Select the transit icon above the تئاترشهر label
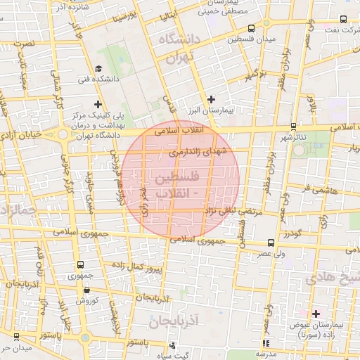[292, 127]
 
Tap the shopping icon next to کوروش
[78, 289]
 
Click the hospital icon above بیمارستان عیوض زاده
[316, 313]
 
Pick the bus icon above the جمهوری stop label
[79, 265]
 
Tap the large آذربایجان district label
[176, 323]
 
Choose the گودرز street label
[291, 233]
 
